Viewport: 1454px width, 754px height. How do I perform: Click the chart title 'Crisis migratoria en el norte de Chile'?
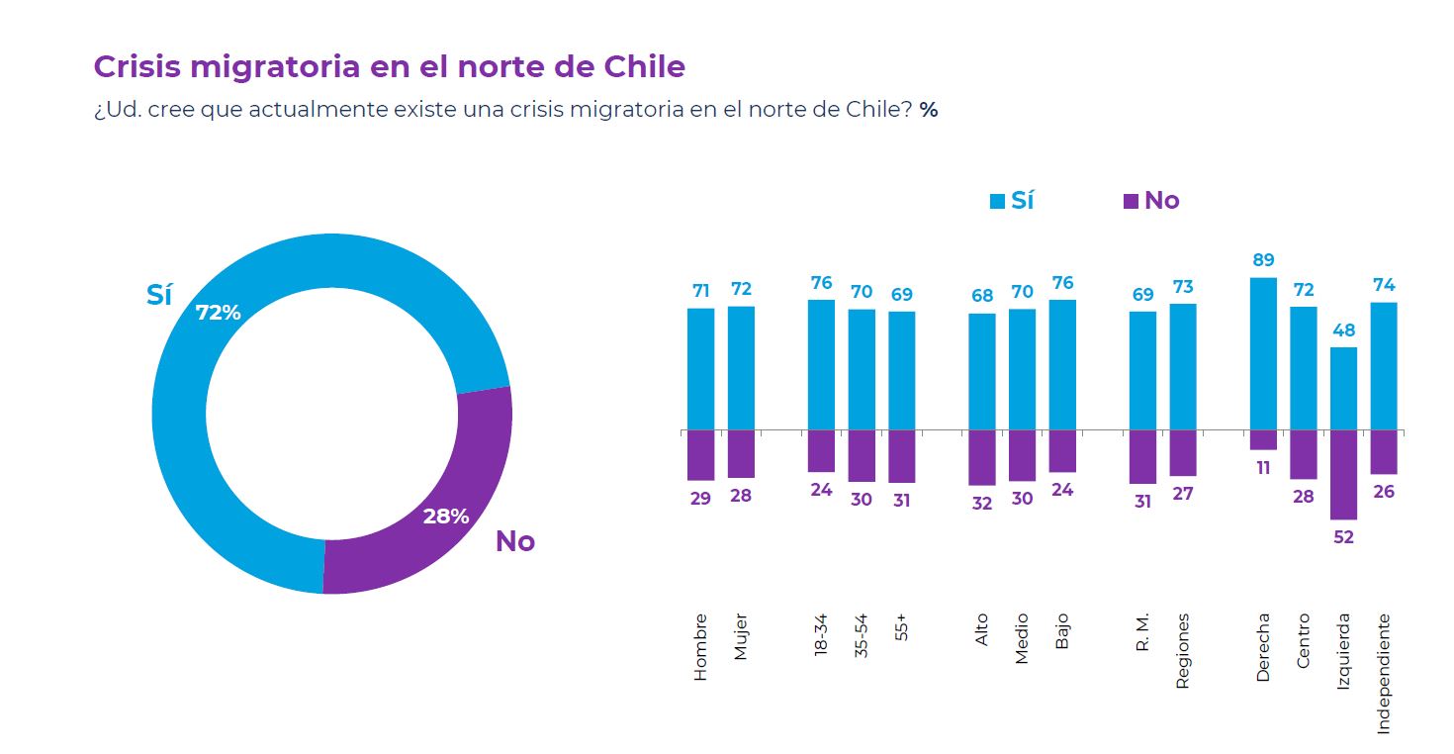coord(389,67)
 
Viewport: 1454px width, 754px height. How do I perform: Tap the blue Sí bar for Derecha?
coord(1263,353)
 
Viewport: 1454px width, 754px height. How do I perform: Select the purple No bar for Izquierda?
coord(1343,475)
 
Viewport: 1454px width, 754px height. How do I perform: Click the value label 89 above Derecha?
coord(1263,260)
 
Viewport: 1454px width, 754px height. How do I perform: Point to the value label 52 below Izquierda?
coord(1343,537)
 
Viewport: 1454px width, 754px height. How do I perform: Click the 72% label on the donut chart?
coord(218,313)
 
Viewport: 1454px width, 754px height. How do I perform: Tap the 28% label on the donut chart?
coord(446,516)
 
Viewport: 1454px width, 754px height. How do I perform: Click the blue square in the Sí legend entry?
coord(997,202)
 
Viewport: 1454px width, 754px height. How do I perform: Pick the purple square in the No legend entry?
coord(1131,202)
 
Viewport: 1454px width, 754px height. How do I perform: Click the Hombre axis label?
coord(701,646)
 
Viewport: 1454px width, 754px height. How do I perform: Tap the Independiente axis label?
coord(1384,673)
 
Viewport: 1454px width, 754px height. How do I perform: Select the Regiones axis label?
coord(1183,650)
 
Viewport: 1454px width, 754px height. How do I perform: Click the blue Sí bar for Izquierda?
coord(1343,388)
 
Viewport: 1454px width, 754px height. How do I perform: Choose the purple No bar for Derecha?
coord(1263,440)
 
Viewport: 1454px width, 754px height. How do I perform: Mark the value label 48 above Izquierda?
coord(1343,330)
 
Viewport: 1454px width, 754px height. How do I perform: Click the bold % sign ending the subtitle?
coord(928,110)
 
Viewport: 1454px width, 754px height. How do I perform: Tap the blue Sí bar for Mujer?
coord(741,368)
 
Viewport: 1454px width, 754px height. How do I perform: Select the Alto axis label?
coord(981,630)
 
